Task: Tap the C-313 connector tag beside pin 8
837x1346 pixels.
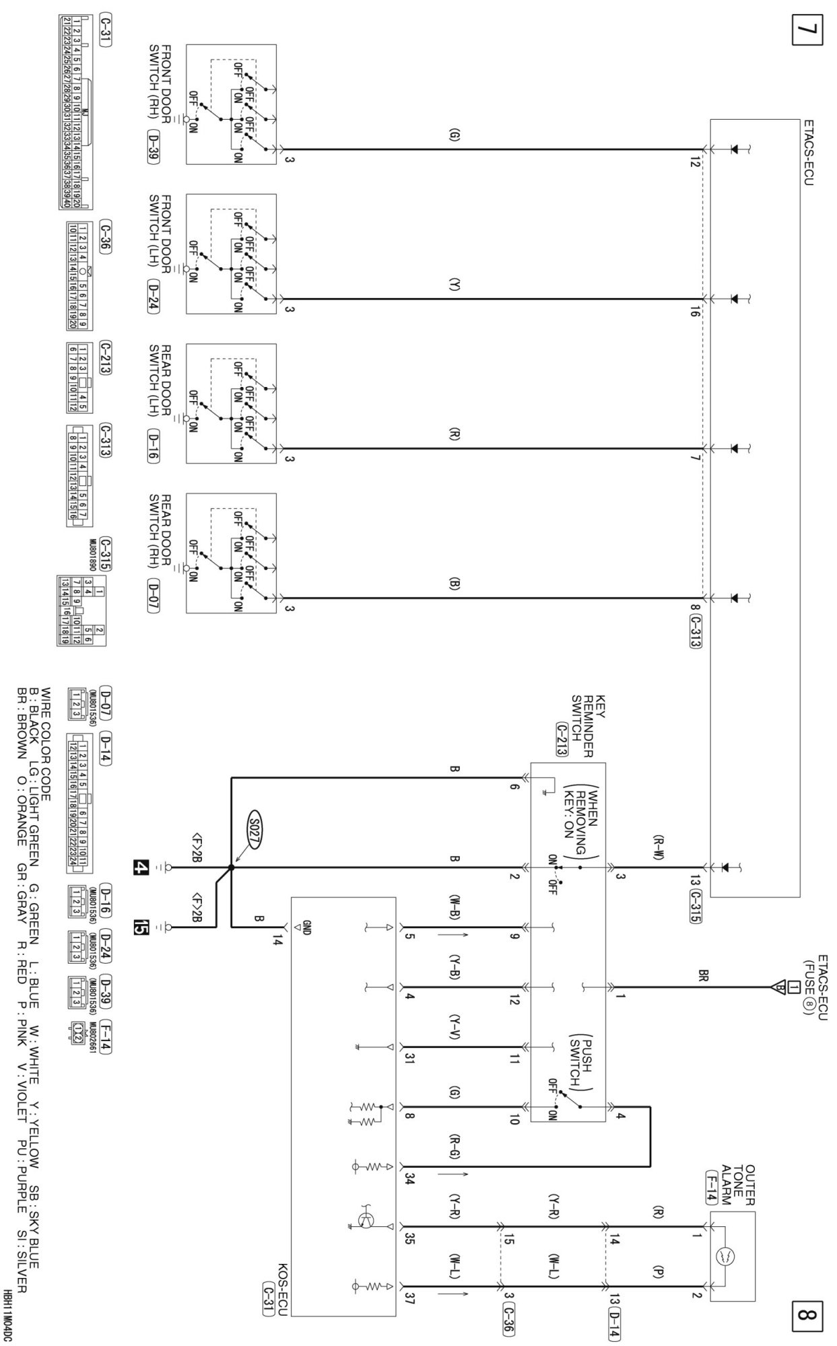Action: coord(696,631)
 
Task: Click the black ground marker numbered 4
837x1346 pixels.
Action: coord(141,867)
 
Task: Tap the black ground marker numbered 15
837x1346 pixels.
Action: coord(141,927)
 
